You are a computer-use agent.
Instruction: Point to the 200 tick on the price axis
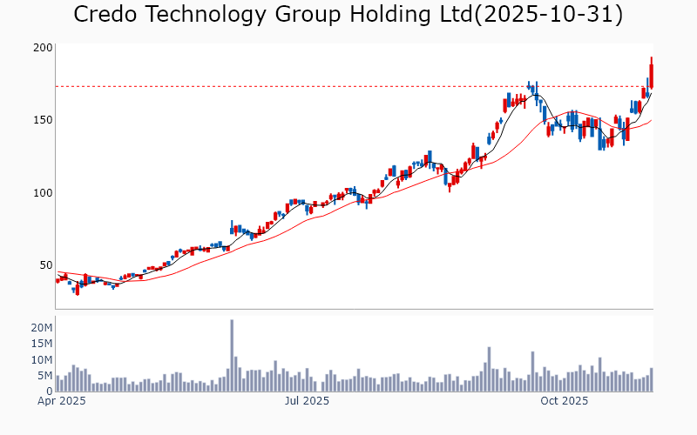point(43,47)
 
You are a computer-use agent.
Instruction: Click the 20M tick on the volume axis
point(41,328)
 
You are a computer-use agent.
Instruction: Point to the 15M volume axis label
point(41,344)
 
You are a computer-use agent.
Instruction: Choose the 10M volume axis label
point(41,359)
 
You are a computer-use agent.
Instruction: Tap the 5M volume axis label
point(44,376)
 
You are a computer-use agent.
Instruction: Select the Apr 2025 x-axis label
point(61,402)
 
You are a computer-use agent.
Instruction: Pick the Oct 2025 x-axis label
point(565,402)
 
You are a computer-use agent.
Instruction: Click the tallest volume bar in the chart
point(232,356)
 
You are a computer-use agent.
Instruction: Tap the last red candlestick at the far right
point(651,71)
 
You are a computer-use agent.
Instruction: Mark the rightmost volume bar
point(651,380)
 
